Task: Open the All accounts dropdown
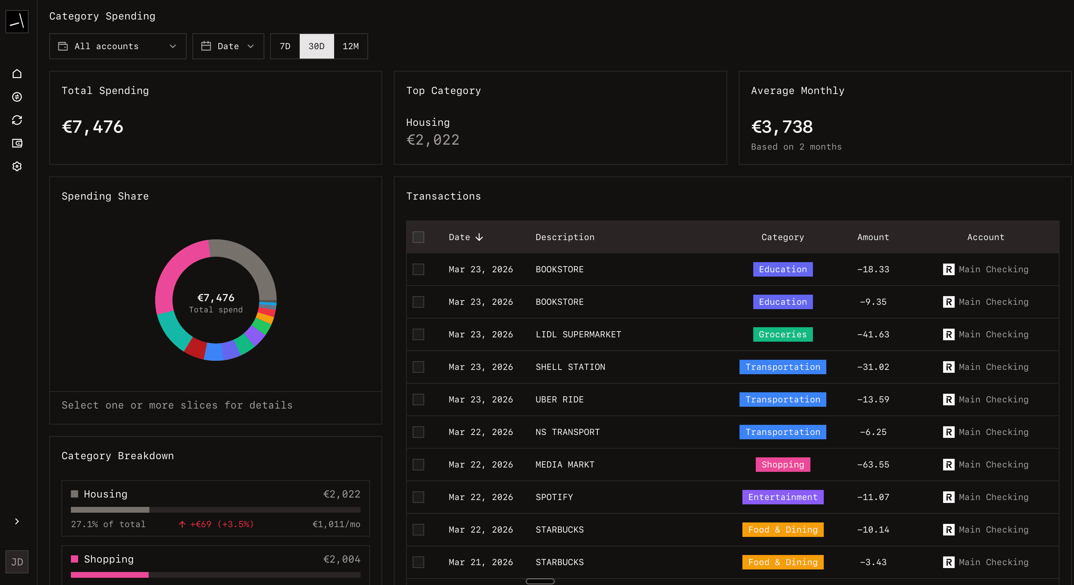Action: (x=117, y=46)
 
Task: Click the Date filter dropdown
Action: (x=228, y=46)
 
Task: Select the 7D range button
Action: (x=285, y=46)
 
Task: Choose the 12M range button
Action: (x=350, y=46)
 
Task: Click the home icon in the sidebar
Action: (x=17, y=74)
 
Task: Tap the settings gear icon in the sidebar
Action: (x=17, y=166)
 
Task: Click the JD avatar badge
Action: (x=17, y=561)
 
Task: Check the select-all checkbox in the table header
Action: (x=418, y=237)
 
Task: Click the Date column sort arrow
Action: (x=479, y=237)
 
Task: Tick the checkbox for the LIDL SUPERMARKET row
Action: (x=418, y=334)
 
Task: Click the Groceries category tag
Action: (x=782, y=334)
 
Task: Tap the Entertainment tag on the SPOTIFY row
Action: (x=782, y=497)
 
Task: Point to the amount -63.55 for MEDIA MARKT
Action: (x=873, y=465)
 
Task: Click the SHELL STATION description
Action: (x=570, y=367)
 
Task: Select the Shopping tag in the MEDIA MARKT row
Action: (x=782, y=465)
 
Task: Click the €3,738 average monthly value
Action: (x=781, y=127)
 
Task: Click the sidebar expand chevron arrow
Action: (x=17, y=521)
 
